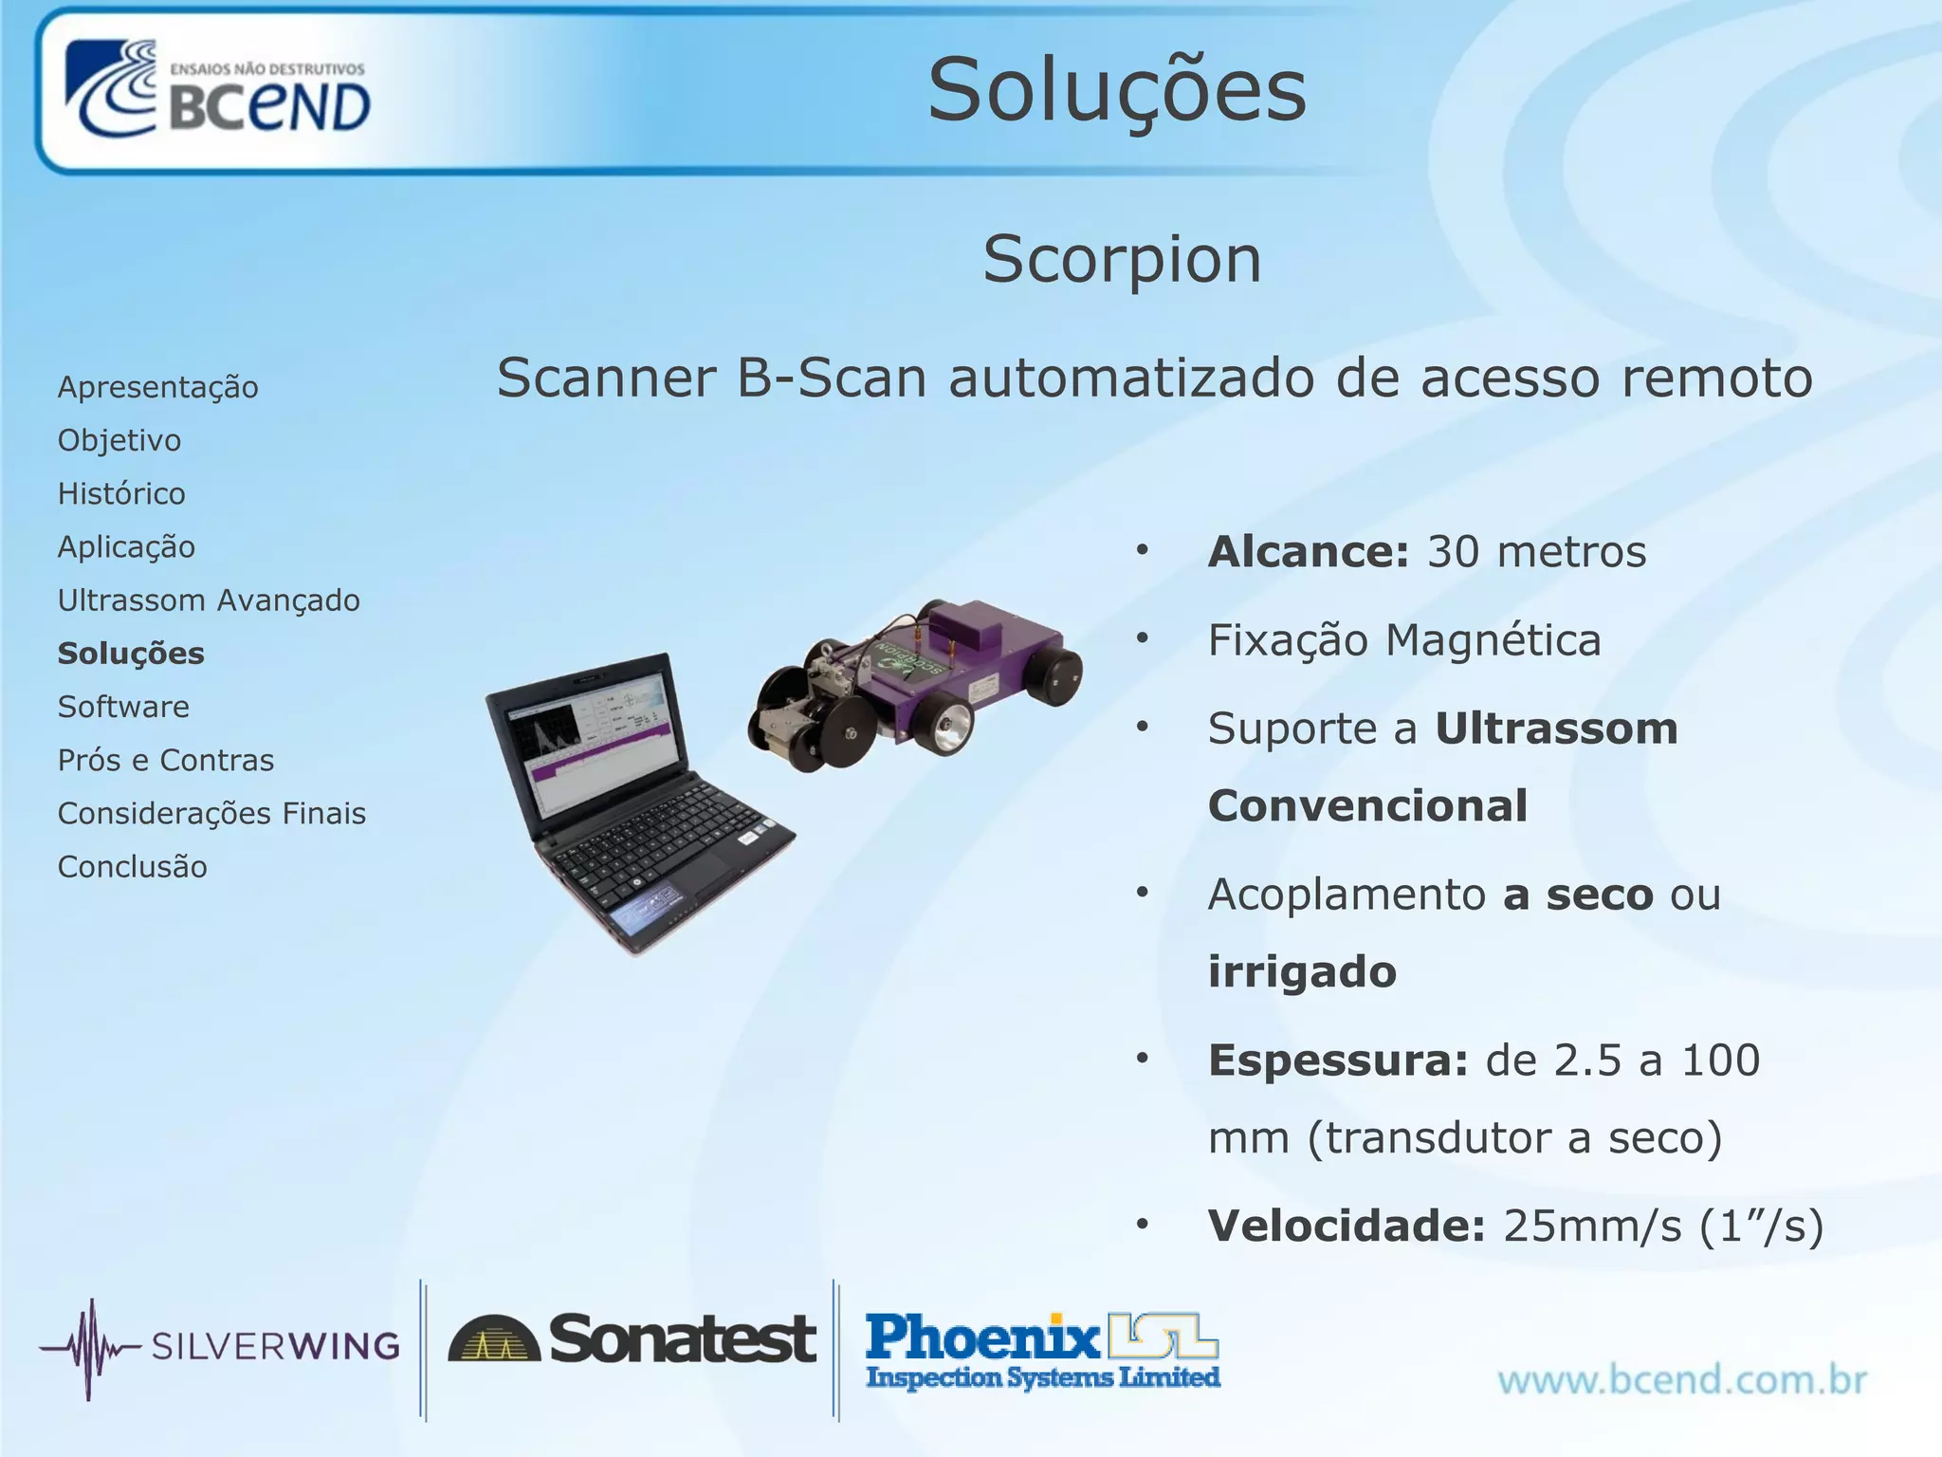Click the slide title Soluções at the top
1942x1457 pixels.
[1117, 90]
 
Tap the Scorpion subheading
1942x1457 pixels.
[1122, 259]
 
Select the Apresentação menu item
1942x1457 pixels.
[157, 387]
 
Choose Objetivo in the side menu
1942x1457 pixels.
[119, 440]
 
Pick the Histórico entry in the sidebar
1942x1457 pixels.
[121, 493]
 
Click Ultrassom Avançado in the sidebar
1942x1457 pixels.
[209, 600]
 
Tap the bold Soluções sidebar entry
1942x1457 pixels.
[131, 654]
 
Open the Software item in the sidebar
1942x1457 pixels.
[123, 707]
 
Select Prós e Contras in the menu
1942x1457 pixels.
[166, 760]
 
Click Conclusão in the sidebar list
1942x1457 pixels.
[132, 867]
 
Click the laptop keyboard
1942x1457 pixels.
[654, 835]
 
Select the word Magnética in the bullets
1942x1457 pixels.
[1493, 640]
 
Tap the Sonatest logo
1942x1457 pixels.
[632, 1339]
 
